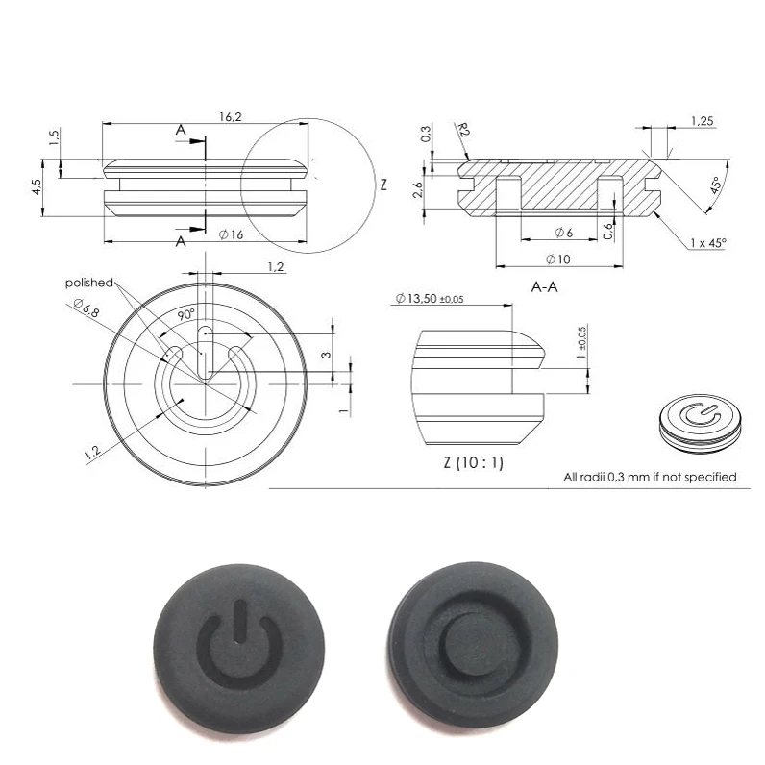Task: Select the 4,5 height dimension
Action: pyautogui.click(x=37, y=186)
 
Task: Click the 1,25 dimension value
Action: pyautogui.click(x=702, y=120)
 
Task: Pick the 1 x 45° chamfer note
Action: pyautogui.click(x=708, y=244)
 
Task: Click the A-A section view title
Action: pyautogui.click(x=545, y=287)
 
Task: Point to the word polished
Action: pyautogui.click(x=89, y=283)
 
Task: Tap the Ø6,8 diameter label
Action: pyautogui.click(x=86, y=308)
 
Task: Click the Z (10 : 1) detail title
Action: pyautogui.click(x=473, y=462)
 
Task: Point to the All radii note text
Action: pyautogui.click(x=649, y=477)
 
